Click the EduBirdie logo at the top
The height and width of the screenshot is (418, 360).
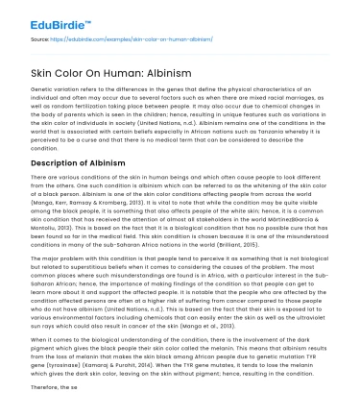tap(47, 19)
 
